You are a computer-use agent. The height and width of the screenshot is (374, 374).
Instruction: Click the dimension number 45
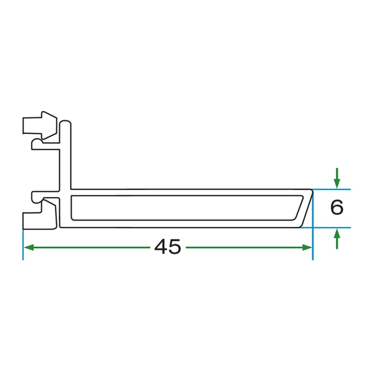(168, 247)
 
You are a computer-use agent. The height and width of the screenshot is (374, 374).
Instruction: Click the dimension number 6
(337, 208)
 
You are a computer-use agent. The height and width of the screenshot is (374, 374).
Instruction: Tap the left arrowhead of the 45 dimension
(29, 247)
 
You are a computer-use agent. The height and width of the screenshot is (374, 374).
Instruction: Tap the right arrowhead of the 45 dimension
(307, 247)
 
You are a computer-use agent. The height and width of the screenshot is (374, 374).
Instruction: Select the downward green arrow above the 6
(337, 178)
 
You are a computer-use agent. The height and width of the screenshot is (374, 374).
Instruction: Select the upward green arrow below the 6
(337, 239)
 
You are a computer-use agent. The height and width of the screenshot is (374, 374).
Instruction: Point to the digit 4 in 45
(161, 247)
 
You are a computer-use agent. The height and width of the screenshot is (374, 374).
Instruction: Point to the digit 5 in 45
(175, 247)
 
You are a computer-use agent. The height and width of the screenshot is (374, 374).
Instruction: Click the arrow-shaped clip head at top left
(40, 125)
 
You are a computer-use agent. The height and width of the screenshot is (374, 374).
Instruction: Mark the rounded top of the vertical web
(65, 123)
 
